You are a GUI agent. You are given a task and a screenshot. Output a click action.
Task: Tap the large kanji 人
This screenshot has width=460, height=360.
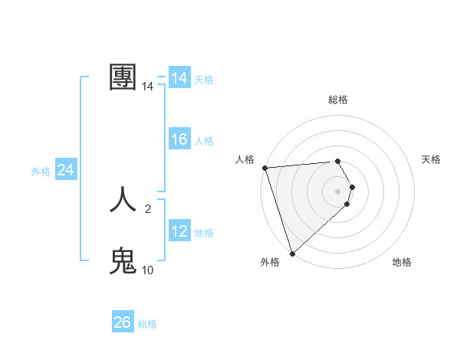124,201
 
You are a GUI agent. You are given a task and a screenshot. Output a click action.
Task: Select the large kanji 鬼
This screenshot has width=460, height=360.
124,261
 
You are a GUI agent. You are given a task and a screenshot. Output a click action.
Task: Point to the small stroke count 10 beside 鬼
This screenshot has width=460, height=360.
147,270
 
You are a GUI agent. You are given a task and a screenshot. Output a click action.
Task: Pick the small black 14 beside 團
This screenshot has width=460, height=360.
147,87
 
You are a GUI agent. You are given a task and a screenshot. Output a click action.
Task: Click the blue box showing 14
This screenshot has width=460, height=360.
179,78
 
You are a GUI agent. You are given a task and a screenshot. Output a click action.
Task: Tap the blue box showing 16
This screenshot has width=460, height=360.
179,139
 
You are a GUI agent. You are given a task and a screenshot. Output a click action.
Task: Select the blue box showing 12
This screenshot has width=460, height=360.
179,231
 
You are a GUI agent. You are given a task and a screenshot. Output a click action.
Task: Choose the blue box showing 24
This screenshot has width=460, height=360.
66,170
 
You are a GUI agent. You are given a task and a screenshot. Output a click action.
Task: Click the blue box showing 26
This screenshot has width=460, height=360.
122,322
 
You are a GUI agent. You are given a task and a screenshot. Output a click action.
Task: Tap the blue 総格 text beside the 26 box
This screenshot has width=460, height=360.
147,324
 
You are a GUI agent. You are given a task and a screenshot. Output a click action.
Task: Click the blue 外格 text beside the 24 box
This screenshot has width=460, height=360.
41,172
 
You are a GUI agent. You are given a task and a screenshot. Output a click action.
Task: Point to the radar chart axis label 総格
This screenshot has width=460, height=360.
338,100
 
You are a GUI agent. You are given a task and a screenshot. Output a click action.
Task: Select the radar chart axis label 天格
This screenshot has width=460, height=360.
431,159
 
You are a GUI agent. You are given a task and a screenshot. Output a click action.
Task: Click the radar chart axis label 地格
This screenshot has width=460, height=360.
402,262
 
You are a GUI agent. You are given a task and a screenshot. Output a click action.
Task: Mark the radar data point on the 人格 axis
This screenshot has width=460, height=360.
264,168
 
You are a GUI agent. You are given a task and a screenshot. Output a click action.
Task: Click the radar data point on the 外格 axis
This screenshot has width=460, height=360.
292,253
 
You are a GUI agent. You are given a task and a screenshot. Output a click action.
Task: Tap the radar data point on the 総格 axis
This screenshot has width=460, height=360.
338,161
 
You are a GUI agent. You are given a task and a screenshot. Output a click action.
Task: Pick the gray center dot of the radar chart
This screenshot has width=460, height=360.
338,191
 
